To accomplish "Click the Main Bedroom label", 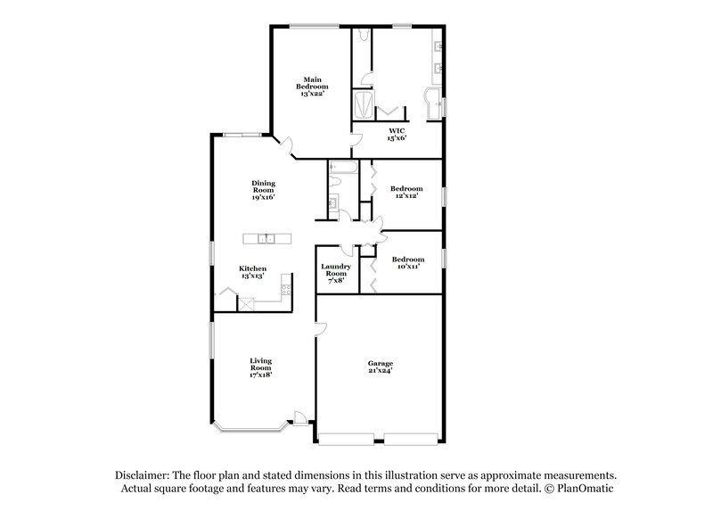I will coord(312,86).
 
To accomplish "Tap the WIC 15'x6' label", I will coord(397,134).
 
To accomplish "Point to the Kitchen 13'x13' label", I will coord(252,273).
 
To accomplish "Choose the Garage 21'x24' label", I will coord(381,368).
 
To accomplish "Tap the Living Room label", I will coord(260,367).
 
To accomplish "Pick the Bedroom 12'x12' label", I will coord(406,193).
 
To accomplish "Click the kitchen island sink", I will coord(266,238).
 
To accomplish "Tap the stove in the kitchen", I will coord(286,287).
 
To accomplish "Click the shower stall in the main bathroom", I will coord(365,103).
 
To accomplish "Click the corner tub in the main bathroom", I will coord(434,104).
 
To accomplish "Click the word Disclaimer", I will coord(144,476).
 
